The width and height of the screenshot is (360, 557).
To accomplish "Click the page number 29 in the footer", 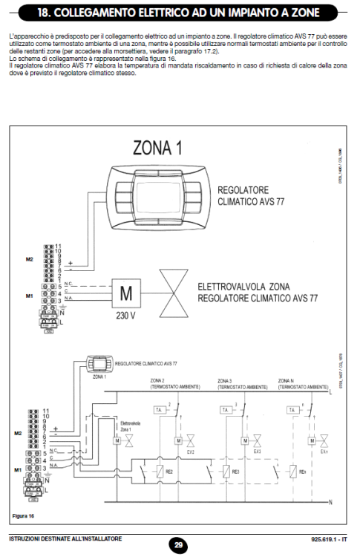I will tap(180, 544).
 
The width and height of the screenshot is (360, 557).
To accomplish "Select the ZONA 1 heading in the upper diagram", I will tap(157, 147).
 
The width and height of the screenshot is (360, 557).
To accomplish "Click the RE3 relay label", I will tap(237, 471).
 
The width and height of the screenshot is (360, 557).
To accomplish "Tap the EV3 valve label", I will tap(257, 451).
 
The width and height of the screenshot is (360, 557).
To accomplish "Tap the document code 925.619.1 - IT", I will tap(329, 538).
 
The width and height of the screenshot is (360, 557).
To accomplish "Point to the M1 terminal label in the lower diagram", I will tap(30, 470).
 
